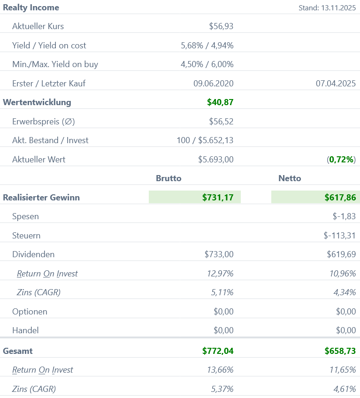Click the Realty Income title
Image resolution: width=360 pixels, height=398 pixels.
click(31, 8)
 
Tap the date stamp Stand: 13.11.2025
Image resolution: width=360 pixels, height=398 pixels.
click(327, 8)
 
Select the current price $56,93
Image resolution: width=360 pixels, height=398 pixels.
click(221, 26)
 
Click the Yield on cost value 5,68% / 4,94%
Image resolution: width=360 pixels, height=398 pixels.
click(207, 46)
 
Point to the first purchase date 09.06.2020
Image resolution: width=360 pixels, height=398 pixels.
click(213, 84)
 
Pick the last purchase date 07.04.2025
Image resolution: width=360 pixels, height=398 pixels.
click(336, 84)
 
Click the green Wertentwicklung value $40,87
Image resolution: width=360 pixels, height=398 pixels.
click(220, 102)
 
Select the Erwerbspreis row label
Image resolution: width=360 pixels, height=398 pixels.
click(44, 122)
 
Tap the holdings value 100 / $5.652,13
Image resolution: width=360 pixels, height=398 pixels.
click(205, 140)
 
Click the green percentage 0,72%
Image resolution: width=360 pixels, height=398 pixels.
click(342, 160)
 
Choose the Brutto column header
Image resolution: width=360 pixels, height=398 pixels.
click(169, 178)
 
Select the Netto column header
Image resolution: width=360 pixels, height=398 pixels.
click(290, 178)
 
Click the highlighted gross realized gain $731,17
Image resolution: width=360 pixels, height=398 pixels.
click(218, 198)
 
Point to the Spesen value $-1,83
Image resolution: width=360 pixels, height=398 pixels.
click(344, 216)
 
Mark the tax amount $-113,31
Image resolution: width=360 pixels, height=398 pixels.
click(339, 236)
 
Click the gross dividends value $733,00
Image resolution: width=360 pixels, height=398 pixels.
click(219, 254)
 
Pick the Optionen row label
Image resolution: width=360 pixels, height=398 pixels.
click(30, 312)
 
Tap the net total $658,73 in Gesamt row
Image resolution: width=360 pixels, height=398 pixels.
click(340, 351)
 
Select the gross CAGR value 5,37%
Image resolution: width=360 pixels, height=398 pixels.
click(222, 389)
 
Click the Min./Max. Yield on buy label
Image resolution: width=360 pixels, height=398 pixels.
click(55, 64)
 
